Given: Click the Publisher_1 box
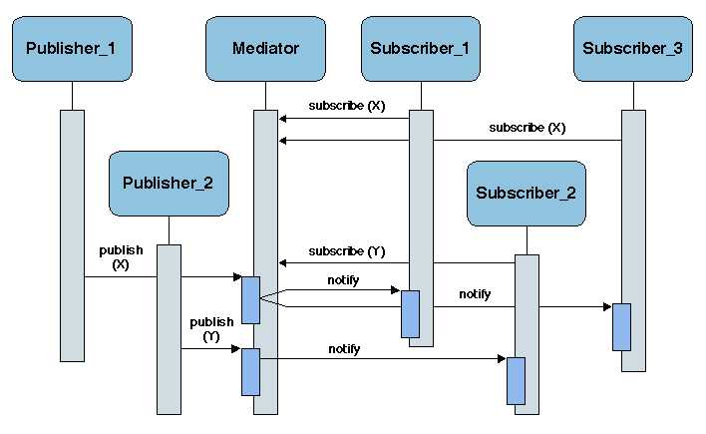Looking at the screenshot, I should [x=72, y=48].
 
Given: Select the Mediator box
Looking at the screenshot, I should [x=265, y=48].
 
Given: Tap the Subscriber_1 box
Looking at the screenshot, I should [x=420, y=48].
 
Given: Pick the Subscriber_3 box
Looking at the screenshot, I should [x=632, y=48].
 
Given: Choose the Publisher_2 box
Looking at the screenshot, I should [x=169, y=183].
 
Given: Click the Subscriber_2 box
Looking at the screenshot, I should [x=526, y=193].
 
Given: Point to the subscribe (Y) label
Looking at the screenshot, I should [x=347, y=250].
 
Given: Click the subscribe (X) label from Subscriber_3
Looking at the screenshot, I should [x=528, y=128].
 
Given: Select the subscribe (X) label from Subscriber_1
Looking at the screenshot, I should [x=347, y=105].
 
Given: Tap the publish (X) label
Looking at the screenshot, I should [x=121, y=257].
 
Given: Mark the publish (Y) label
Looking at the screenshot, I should [x=211, y=329].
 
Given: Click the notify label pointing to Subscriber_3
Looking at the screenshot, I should [x=475, y=294].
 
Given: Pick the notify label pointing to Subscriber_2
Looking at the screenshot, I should [x=344, y=349].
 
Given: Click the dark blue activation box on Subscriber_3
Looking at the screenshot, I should [x=621, y=326].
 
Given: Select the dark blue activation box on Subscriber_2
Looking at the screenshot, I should [x=516, y=380].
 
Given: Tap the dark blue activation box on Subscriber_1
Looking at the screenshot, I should [x=410, y=313].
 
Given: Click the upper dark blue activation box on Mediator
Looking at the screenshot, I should [x=250, y=299].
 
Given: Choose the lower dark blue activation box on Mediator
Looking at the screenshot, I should [x=250, y=371].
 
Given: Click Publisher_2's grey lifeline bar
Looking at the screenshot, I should [x=169, y=329].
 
